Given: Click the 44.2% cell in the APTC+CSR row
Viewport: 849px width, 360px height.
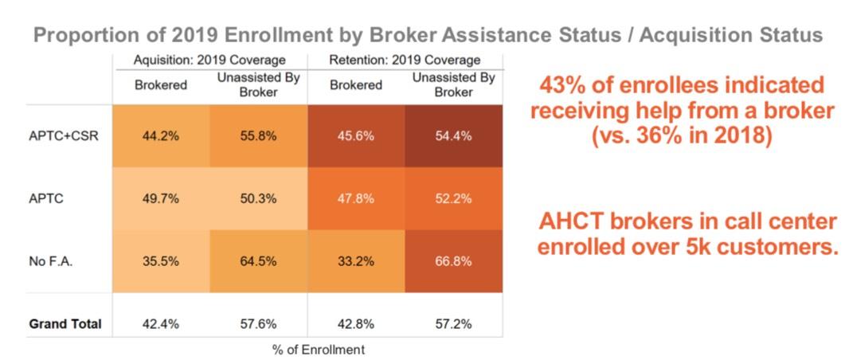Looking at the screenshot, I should [160, 135].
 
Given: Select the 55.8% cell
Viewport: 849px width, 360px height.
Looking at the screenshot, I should [258, 135].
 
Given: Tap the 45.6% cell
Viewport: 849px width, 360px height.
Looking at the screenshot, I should [355, 135].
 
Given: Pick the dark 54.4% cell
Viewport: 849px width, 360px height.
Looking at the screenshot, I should [453, 135].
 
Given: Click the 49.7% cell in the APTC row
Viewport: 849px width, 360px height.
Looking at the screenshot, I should [160, 199].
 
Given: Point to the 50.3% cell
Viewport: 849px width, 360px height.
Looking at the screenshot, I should [258, 199].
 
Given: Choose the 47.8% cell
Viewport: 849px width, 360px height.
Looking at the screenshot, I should [355, 199].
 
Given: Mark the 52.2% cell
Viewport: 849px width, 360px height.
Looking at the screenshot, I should [453, 199].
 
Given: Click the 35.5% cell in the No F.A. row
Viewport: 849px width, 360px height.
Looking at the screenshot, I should [160, 261].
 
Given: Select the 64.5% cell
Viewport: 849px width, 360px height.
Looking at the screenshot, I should [258, 261].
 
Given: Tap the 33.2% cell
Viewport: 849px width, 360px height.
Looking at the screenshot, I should [355, 261].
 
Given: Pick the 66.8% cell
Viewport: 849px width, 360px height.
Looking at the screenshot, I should [453, 261].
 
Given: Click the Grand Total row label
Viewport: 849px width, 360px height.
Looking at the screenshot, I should [65, 324].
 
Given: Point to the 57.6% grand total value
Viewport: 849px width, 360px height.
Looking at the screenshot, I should [258, 324].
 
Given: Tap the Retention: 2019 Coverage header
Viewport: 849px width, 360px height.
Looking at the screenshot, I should [405, 60].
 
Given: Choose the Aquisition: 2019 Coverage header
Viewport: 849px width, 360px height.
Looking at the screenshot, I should [209, 60].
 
